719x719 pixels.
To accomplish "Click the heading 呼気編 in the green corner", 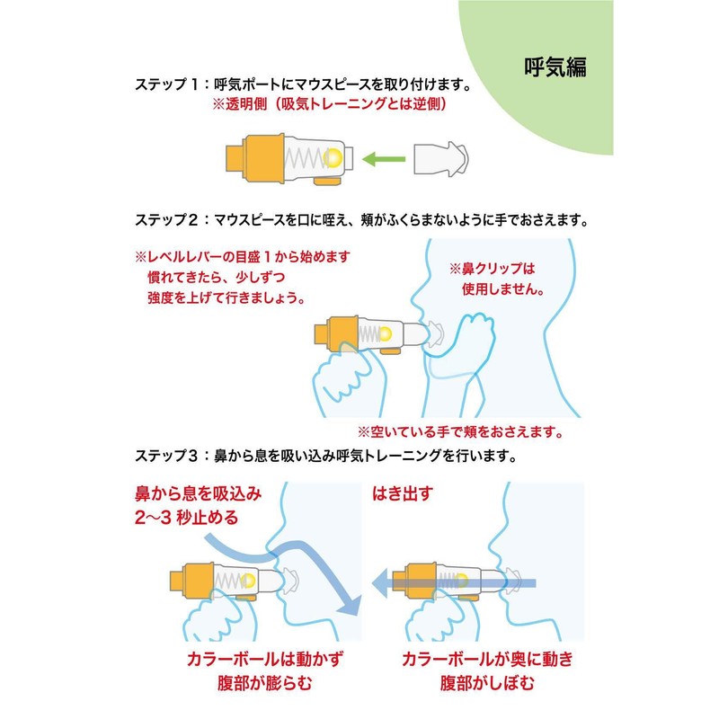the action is click(x=556, y=67).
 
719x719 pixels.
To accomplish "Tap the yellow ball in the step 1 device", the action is click(x=333, y=157).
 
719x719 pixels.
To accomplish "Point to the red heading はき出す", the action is click(x=403, y=493).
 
